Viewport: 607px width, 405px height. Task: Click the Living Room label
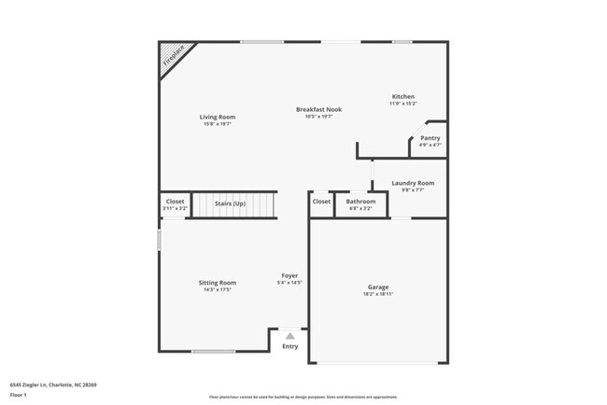pyautogui.click(x=217, y=117)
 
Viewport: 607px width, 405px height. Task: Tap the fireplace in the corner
pyautogui.click(x=172, y=56)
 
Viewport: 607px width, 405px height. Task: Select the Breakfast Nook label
pyautogui.click(x=318, y=109)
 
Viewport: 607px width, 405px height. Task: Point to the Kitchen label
pyautogui.click(x=402, y=97)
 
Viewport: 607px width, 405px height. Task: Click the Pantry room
pyautogui.click(x=430, y=140)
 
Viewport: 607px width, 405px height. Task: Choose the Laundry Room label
pyautogui.click(x=412, y=184)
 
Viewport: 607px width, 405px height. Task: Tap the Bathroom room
pyautogui.click(x=360, y=203)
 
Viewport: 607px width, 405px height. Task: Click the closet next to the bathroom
pyautogui.click(x=321, y=202)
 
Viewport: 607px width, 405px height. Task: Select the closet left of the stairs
pyautogui.click(x=175, y=203)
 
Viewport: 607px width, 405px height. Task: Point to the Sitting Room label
pyautogui.click(x=217, y=283)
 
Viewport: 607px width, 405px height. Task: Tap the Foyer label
pyautogui.click(x=290, y=275)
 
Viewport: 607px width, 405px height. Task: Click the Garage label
pyautogui.click(x=378, y=286)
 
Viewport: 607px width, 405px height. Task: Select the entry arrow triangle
pyautogui.click(x=290, y=335)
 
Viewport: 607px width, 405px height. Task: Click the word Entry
pyautogui.click(x=290, y=347)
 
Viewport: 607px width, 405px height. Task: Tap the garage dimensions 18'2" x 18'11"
pyautogui.click(x=378, y=294)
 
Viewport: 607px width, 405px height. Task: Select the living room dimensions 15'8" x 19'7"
pyautogui.click(x=217, y=124)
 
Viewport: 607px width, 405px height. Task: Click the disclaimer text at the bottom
pyautogui.click(x=303, y=397)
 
